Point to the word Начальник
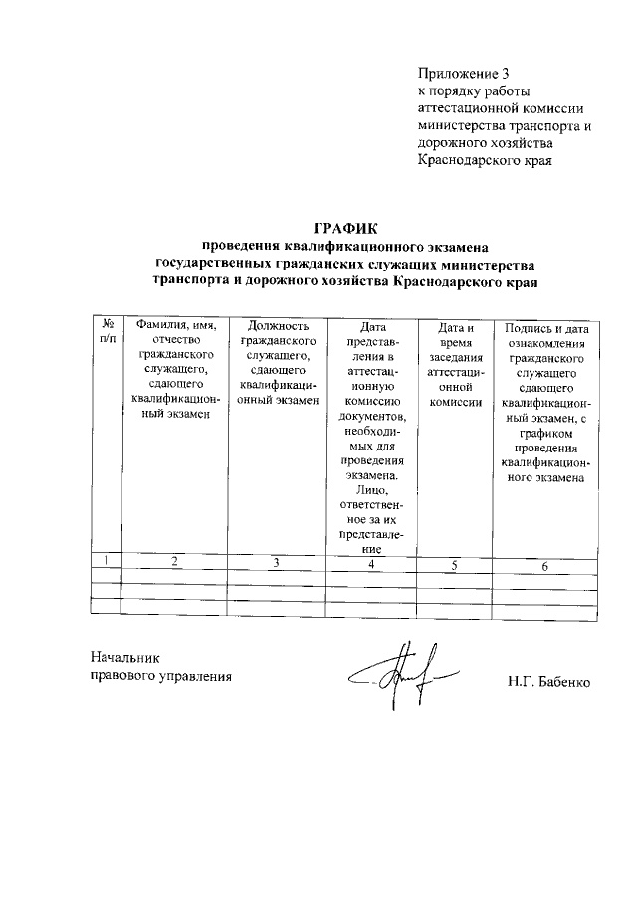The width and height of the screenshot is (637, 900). pyautogui.click(x=124, y=657)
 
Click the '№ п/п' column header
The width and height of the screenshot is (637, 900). pyautogui.click(x=106, y=332)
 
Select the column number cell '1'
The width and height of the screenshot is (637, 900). pyautogui.click(x=106, y=562)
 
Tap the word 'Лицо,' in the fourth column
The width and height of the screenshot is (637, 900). pyautogui.click(x=373, y=490)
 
